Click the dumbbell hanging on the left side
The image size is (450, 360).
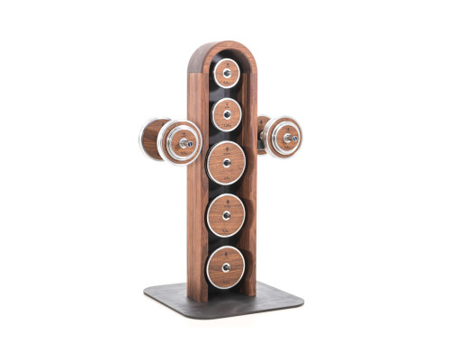point(169,141)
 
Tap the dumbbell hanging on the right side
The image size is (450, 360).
point(281,137)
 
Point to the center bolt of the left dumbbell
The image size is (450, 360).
point(186,142)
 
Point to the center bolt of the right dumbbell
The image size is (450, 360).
point(292,138)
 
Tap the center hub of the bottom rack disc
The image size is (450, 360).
point(225,265)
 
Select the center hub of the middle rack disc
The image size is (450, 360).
point(226,163)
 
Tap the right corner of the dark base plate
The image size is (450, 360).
point(301,297)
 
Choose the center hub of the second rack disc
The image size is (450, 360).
point(226,115)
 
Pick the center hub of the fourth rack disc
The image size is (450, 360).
point(225,213)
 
